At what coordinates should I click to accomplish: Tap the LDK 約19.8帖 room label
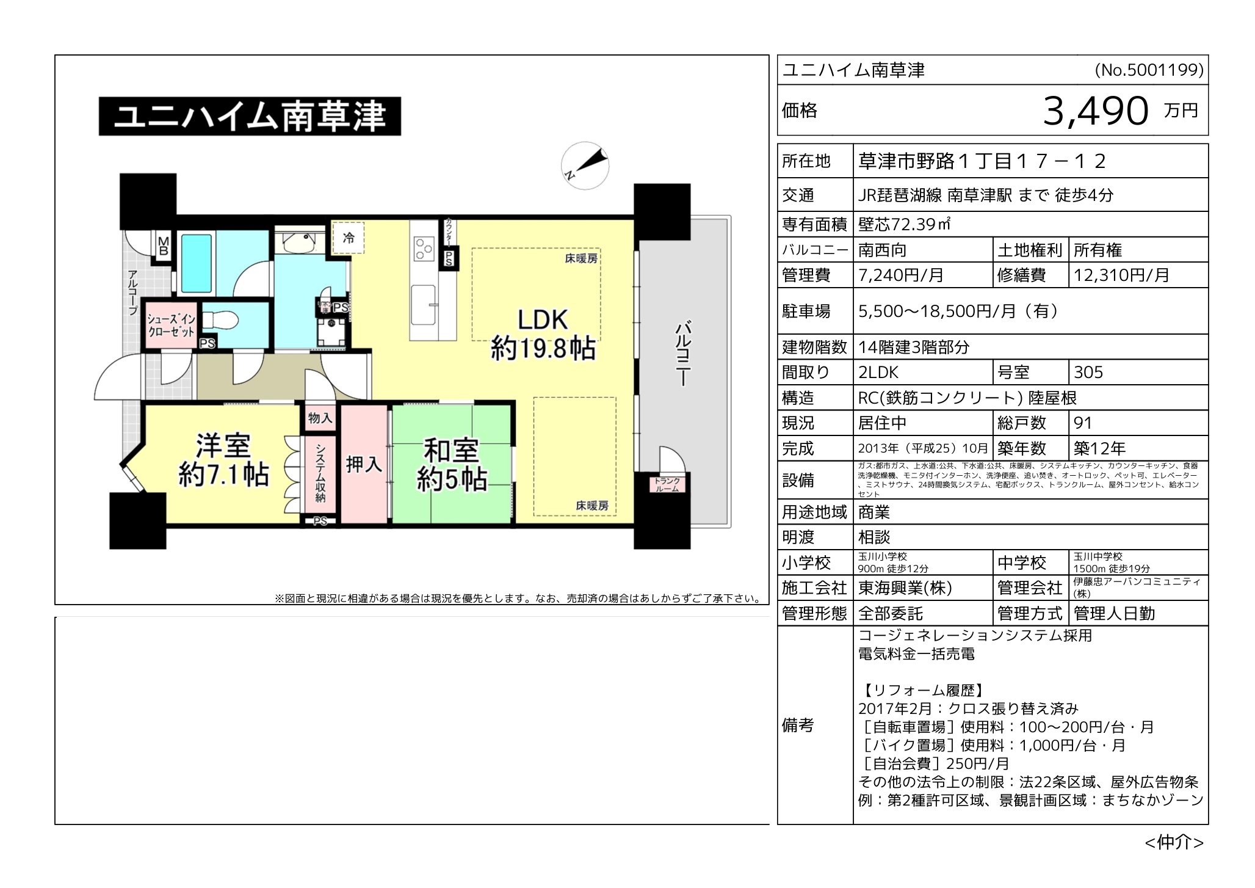click(x=543, y=335)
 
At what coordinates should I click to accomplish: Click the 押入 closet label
click(x=364, y=465)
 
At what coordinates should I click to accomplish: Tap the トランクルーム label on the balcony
click(x=667, y=485)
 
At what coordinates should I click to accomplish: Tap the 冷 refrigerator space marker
click(x=349, y=238)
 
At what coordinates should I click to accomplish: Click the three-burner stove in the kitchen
click(x=422, y=249)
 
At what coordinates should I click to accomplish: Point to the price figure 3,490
click(x=1096, y=111)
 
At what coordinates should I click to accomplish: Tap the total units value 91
click(x=1083, y=423)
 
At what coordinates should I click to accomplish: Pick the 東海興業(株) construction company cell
click(x=905, y=588)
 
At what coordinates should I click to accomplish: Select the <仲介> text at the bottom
click(x=1173, y=843)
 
